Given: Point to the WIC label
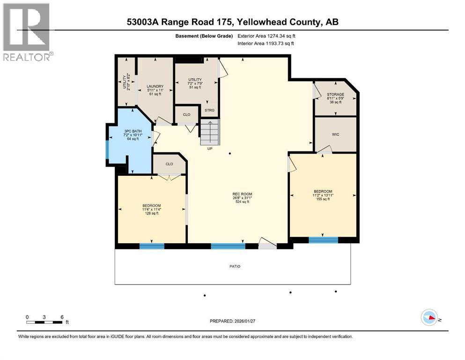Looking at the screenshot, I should click(335, 135).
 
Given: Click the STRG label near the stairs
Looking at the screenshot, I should click(209, 111).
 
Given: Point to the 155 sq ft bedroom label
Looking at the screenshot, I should click(323, 195).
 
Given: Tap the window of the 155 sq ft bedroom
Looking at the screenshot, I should click(323, 240).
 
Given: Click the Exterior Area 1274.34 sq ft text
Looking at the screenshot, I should click(266, 36).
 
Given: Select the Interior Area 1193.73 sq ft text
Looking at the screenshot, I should click(266, 44).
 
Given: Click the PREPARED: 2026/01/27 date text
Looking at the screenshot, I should click(234, 321).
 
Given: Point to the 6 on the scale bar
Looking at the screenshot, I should click(62, 317).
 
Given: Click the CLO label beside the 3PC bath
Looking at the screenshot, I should click(169, 164).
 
